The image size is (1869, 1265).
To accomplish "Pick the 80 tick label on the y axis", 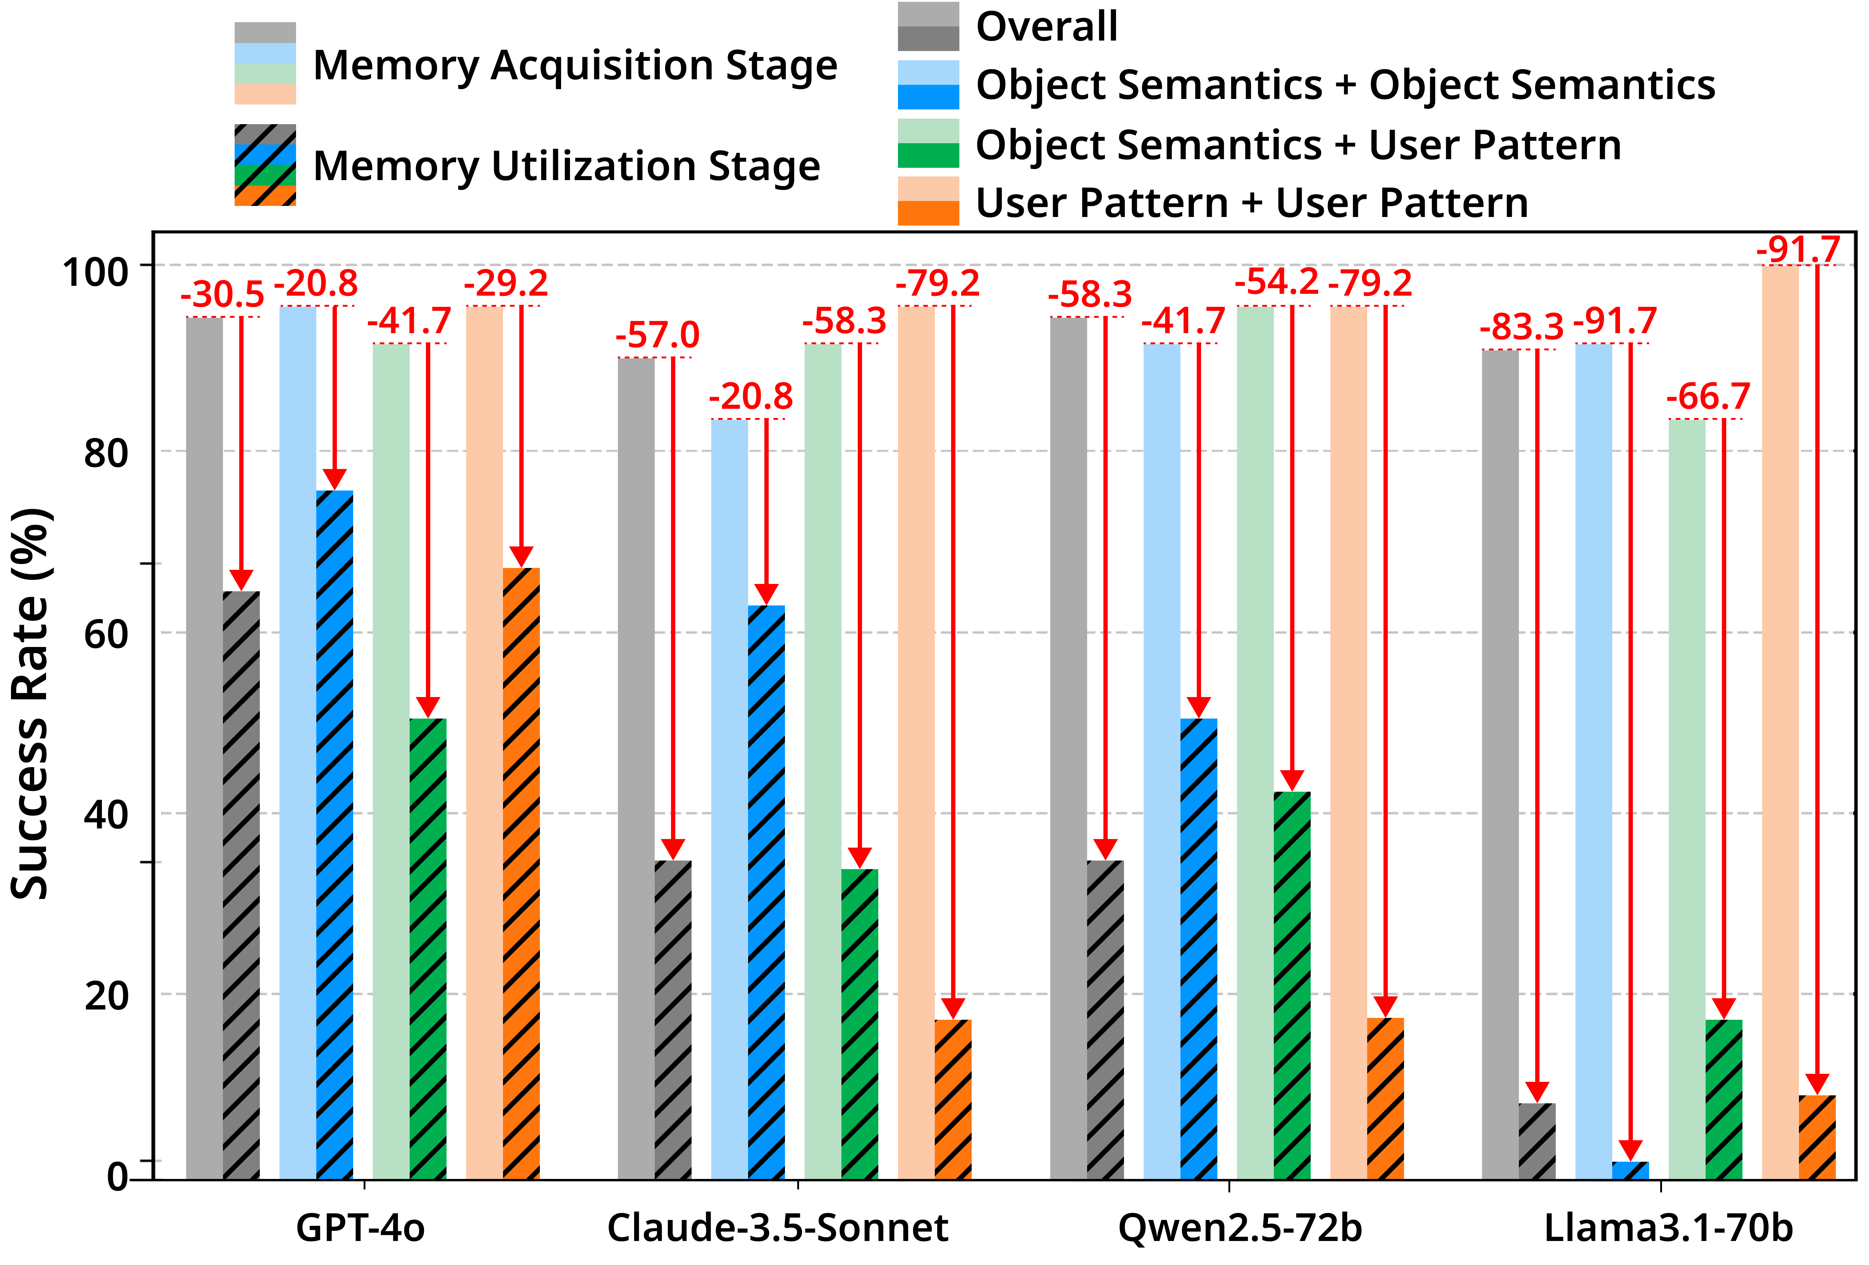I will tap(106, 453).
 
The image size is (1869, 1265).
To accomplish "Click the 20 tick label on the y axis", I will tap(106, 996).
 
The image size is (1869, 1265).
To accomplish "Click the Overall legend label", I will tap(1046, 26).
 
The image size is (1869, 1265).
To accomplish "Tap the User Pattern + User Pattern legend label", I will tap(1251, 203).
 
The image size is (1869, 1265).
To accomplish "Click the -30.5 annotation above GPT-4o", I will tap(222, 294).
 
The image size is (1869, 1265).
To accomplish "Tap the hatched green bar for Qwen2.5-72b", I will tap(1292, 986).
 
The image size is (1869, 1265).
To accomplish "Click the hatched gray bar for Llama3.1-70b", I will tap(1537, 1141).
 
